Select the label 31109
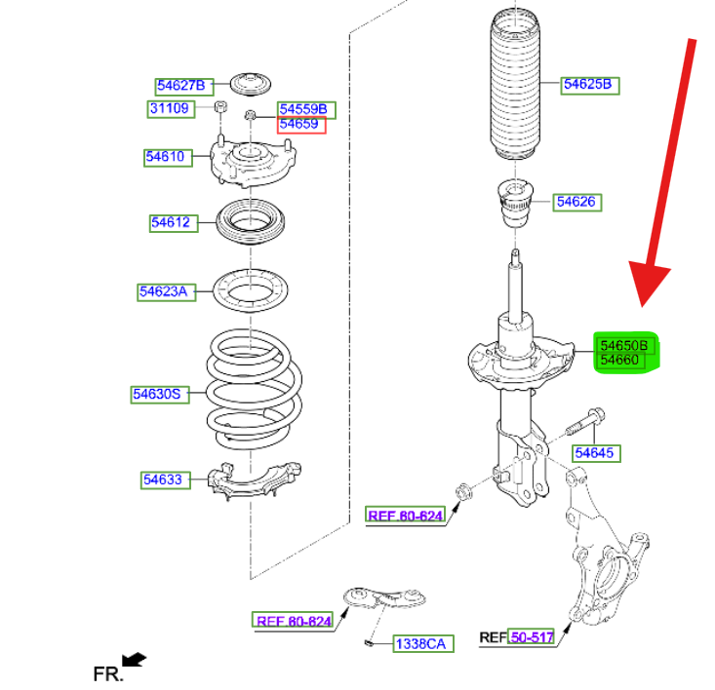tap(169, 108)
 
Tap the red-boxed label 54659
tap(300, 125)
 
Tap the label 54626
tap(577, 203)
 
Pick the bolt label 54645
tap(596, 453)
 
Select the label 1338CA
tap(420, 644)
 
